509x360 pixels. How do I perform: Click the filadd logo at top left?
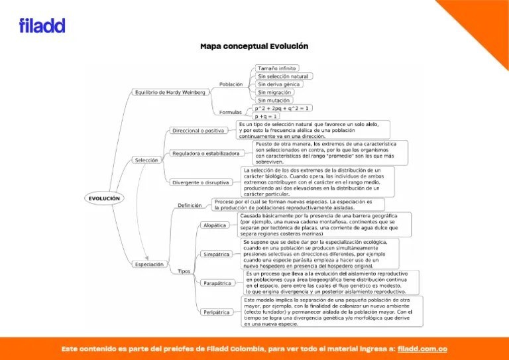coord(42,26)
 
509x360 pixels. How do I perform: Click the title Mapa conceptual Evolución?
coord(254,46)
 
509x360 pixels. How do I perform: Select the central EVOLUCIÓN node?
coord(105,198)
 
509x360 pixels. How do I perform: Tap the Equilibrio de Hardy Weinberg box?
coord(170,92)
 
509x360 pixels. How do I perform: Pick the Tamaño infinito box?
coord(277,68)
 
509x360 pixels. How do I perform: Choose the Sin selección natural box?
coord(283,76)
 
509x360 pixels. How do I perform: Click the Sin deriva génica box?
coord(279,84)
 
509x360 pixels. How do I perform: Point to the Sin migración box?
coord(275,92)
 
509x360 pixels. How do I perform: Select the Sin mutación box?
coord(274,100)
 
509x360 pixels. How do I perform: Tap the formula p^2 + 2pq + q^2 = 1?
coord(283,107)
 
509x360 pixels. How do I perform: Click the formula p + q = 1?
coord(266,116)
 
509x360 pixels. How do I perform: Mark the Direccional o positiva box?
coord(198,131)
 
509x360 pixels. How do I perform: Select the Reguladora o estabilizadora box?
coord(206,153)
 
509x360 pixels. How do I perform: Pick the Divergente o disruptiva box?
coord(201,182)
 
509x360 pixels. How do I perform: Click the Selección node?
coord(146,160)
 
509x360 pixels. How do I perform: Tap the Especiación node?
coord(149,265)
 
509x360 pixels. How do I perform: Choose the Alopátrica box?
coord(215,225)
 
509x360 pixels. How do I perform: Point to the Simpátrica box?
coord(216,254)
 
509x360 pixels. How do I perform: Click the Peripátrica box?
coord(217,312)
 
